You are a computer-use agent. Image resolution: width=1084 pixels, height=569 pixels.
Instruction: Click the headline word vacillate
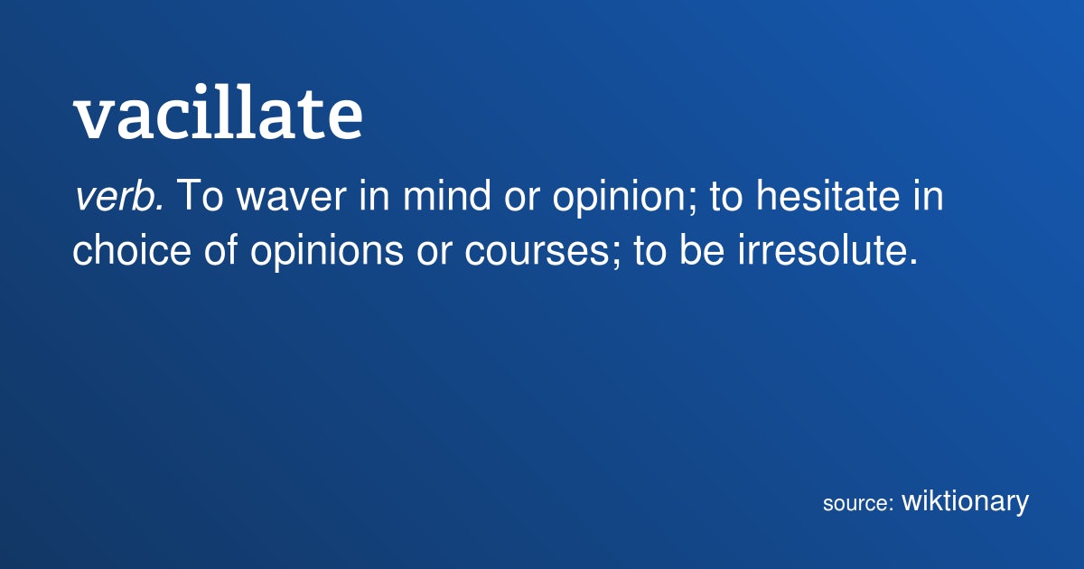point(218,112)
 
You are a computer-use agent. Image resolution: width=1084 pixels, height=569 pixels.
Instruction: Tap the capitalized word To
point(201,196)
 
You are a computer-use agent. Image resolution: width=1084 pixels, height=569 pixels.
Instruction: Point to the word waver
point(292,199)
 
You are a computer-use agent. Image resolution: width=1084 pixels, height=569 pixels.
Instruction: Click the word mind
point(446,195)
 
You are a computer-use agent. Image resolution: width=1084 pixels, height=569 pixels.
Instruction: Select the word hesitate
point(828,195)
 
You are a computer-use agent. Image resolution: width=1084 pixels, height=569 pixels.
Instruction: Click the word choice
point(132,249)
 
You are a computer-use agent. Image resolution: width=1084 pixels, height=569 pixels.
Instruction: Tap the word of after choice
point(220,249)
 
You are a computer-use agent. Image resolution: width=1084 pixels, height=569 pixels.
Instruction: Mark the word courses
point(537,253)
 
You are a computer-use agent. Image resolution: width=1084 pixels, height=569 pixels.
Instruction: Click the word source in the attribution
point(855,504)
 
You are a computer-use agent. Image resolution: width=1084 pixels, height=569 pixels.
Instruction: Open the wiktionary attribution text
point(965,501)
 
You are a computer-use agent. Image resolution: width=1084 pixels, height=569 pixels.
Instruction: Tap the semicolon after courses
point(615,255)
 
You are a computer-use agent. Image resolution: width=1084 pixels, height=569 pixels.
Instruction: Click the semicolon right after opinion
point(692,201)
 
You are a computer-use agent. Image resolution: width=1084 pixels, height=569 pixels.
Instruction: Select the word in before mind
point(375,195)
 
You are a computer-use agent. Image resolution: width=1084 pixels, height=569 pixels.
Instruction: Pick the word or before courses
point(435,253)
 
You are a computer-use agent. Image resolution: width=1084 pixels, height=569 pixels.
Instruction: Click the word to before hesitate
point(726,198)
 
